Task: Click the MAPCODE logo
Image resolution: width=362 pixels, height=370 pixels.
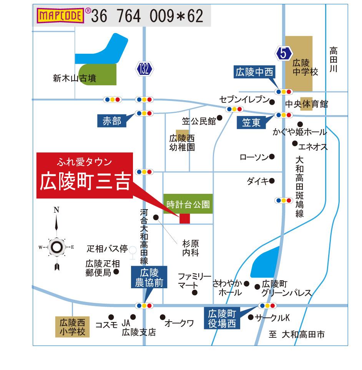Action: (x=60, y=16)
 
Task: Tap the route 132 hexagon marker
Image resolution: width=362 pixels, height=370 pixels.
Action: (x=144, y=69)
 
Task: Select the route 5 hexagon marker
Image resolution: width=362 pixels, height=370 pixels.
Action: (x=284, y=53)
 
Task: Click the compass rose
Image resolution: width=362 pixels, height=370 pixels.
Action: (x=56, y=246)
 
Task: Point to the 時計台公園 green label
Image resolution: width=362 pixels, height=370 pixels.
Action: (x=188, y=204)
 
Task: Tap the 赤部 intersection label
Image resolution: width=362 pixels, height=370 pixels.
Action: (x=112, y=121)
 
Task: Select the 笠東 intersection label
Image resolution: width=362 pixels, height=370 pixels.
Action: (x=252, y=122)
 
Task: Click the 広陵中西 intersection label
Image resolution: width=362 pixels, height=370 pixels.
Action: (x=255, y=72)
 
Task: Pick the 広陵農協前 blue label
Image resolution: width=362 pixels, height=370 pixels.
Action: (x=149, y=279)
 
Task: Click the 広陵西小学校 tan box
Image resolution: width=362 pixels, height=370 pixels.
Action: (x=72, y=326)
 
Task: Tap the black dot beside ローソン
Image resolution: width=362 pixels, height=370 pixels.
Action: (x=272, y=157)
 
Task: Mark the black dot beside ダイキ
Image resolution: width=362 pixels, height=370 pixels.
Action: (x=272, y=180)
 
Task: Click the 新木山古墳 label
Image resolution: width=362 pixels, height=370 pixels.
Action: (x=75, y=79)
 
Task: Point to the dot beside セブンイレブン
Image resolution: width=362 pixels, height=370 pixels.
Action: (x=272, y=102)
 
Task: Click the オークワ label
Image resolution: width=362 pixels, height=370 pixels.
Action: (x=179, y=324)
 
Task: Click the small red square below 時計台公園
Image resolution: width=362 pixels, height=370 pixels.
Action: (x=185, y=218)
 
